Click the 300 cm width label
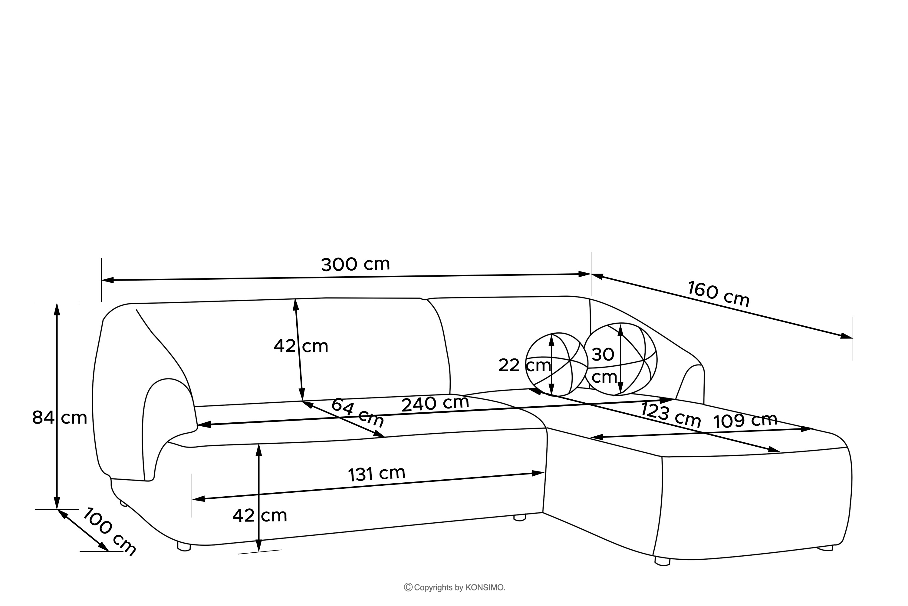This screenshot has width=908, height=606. click(356, 264)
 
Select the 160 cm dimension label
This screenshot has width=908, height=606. click(719, 294)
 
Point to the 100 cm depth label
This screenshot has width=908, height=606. click(110, 532)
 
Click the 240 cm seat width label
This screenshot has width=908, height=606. click(435, 404)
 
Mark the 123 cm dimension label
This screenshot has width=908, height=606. click(671, 415)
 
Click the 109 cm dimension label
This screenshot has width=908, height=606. click(745, 421)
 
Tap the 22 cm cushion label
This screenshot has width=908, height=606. click(524, 365)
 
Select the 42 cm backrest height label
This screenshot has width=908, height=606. click(301, 346)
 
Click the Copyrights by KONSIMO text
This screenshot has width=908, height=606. click(459, 588)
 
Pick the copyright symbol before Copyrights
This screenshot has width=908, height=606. click(408, 588)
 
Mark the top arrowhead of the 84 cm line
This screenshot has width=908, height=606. click(57, 309)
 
